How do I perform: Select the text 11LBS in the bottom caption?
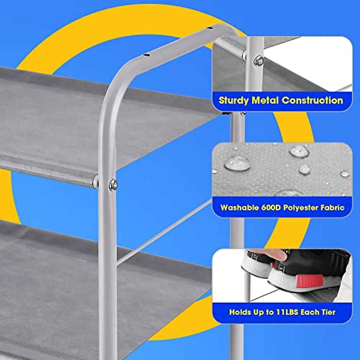tap(288, 312)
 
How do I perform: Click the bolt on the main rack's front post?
tap(113, 184)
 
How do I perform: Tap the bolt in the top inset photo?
tap(258, 61)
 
